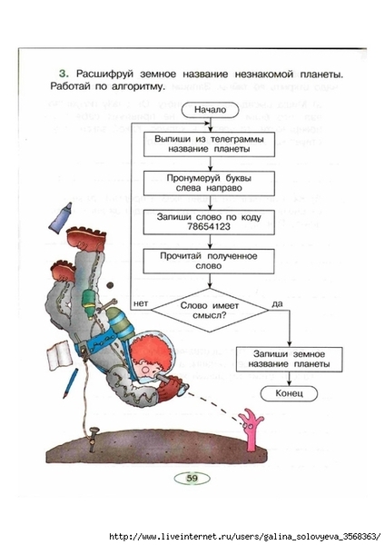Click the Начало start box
(x=210, y=110)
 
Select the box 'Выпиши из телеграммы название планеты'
(x=209, y=144)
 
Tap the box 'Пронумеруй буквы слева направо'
(x=209, y=183)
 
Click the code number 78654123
(x=209, y=226)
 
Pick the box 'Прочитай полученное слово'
(x=209, y=261)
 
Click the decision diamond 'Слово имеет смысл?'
(x=209, y=310)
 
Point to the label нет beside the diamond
(x=141, y=303)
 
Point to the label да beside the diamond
(x=277, y=303)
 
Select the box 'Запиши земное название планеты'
(x=289, y=359)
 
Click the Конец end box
(x=289, y=393)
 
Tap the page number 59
(x=192, y=479)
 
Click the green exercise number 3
(x=64, y=74)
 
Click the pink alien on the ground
(x=253, y=430)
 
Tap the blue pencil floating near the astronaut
(x=71, y=383)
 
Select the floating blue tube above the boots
(x=61, y=217)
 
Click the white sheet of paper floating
(x=60, y=355)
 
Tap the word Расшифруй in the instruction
(x=105, y=74)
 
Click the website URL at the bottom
(x=244, y=537)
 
